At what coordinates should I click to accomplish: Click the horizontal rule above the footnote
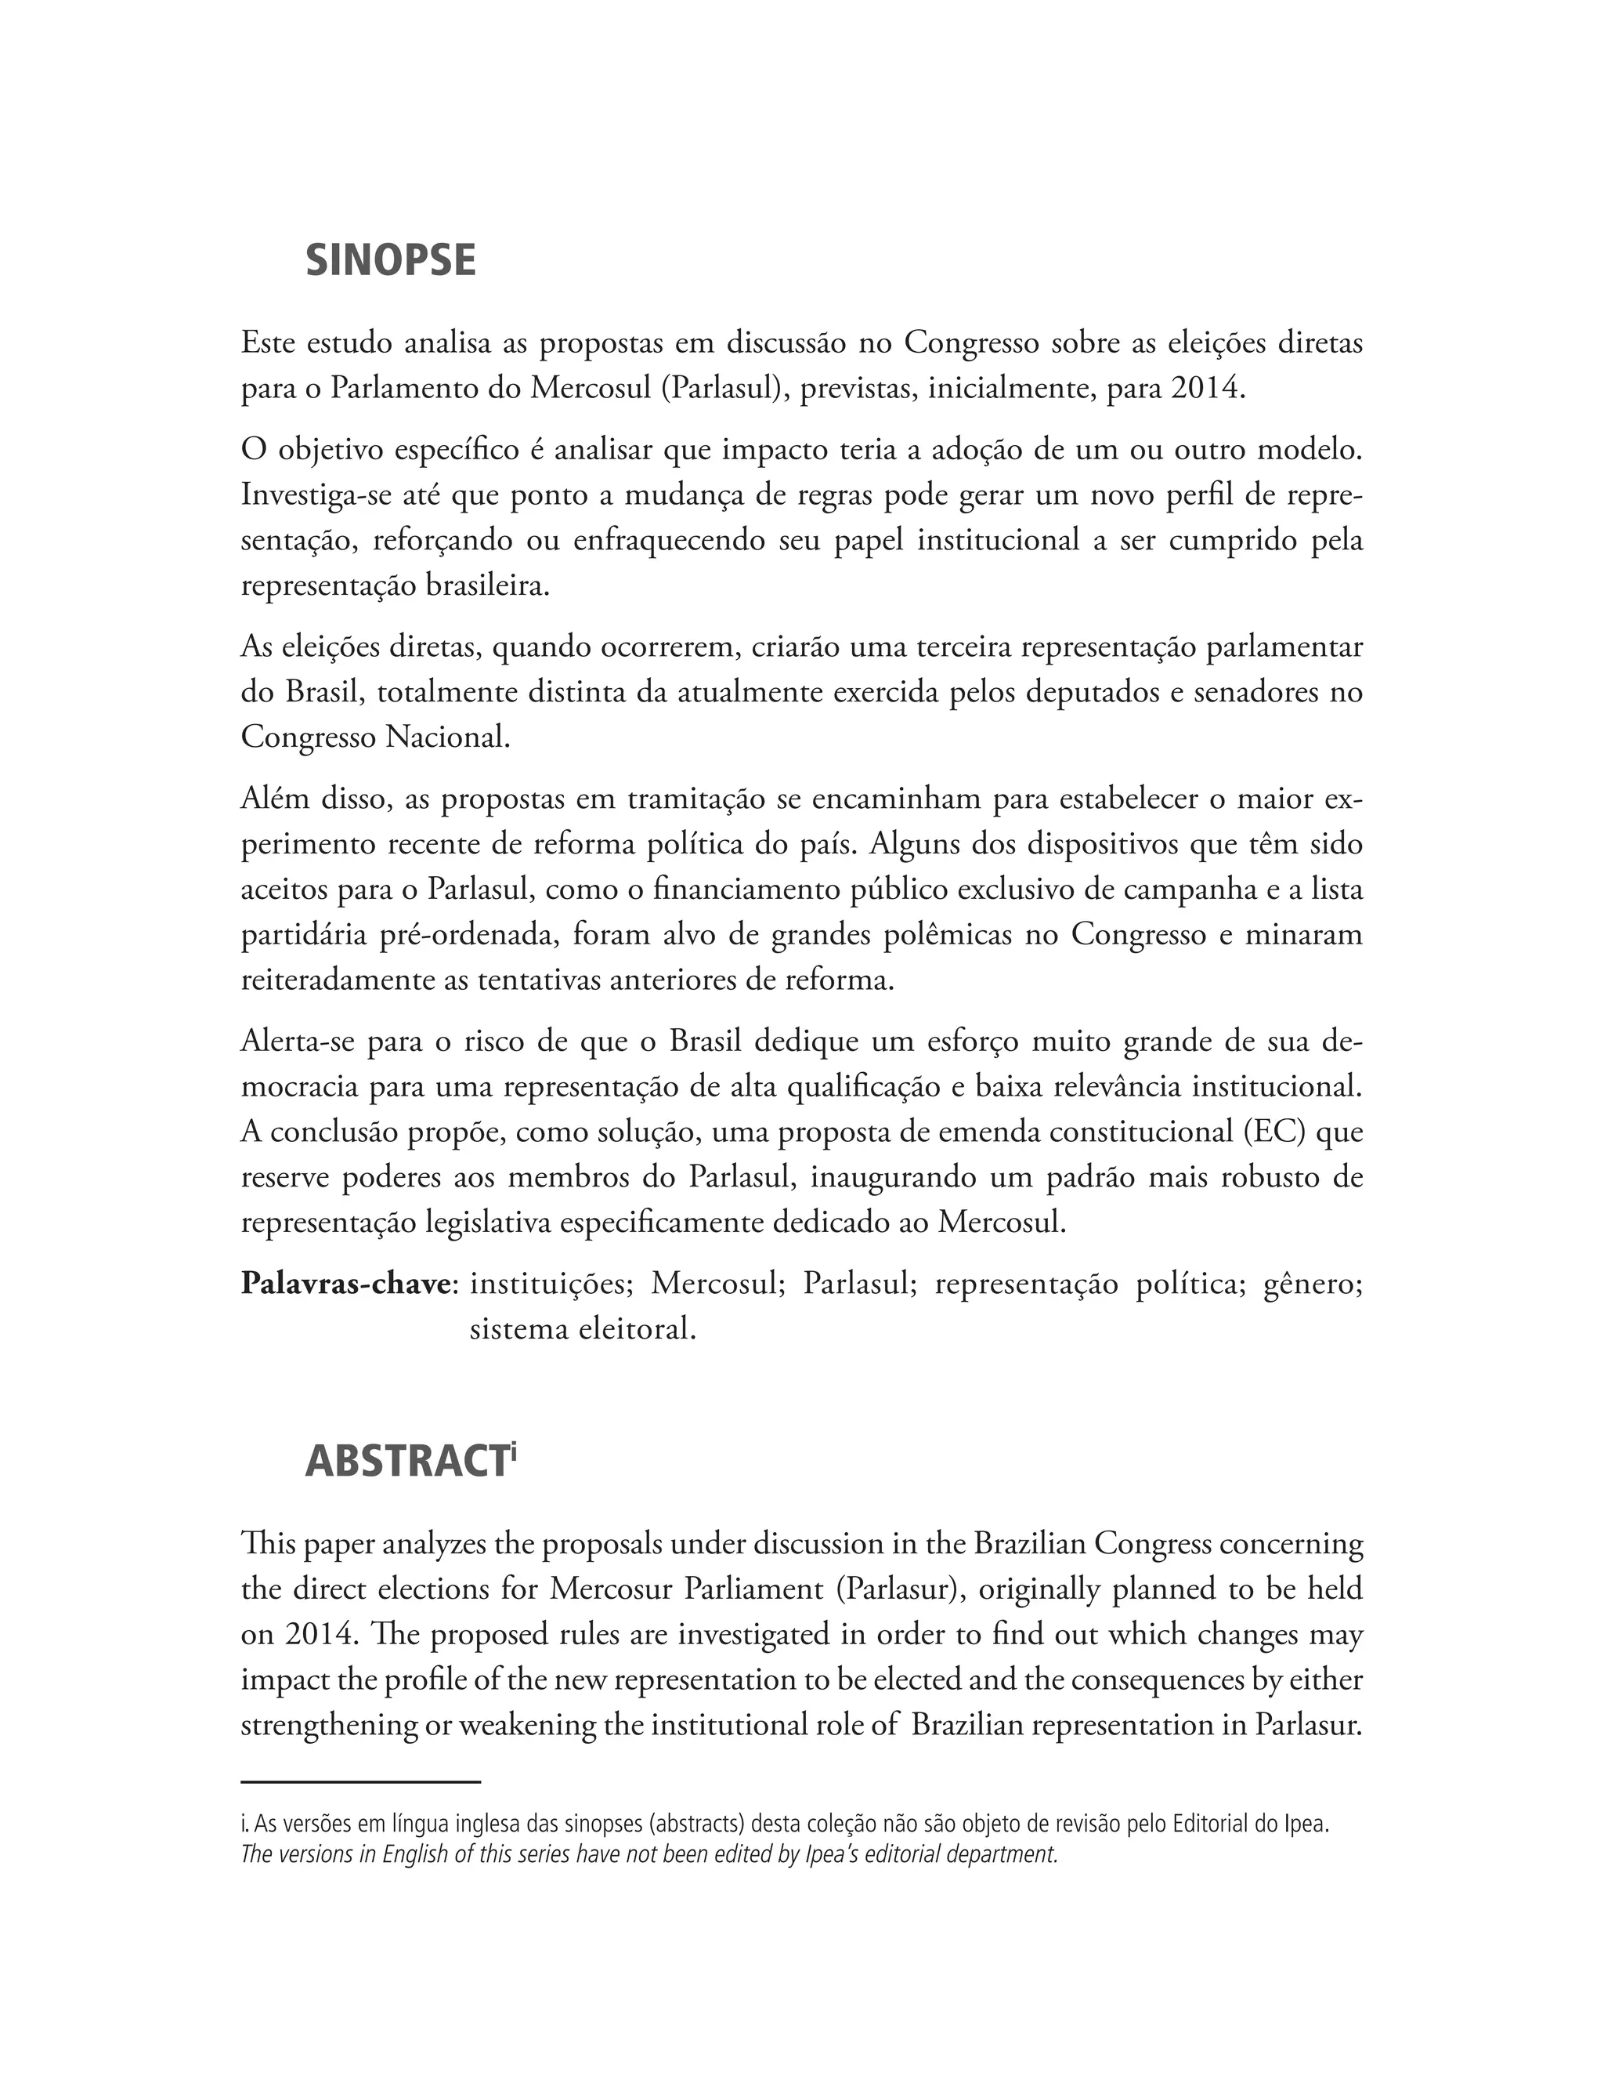(x=360, y=1781)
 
